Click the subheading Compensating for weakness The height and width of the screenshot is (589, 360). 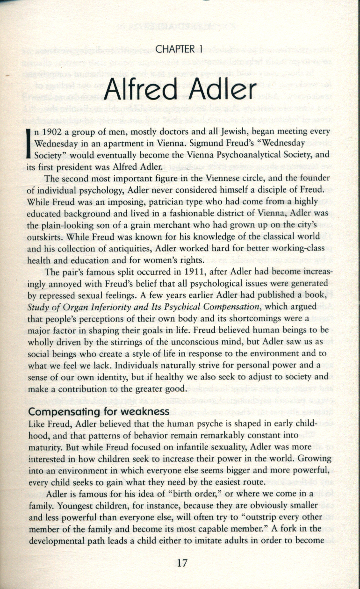pyautogui.click(x=99, y=412)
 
